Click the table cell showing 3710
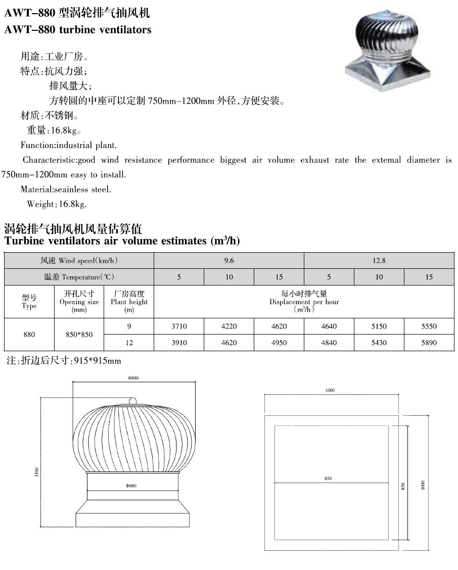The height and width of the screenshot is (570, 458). pos(179,326)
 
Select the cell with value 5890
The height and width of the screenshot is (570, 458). pos(429,343)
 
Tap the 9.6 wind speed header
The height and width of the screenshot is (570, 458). pos(229,261)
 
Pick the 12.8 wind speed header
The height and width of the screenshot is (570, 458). pos(379,261)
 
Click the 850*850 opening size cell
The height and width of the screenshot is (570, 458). pos(79,335)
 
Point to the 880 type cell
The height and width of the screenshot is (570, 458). pos(29,335)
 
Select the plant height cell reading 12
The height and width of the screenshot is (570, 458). pos(129,343)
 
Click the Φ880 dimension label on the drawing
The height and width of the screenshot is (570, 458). pos(133,378)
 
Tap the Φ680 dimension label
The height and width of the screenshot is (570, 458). pos(131,486)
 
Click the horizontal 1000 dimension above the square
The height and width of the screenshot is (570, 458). pos(331,390)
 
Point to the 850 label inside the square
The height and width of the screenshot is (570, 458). pos(329,479)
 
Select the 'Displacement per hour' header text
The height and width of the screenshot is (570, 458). pos(304,302)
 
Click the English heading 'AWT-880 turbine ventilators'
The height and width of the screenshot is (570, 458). pos(78,30)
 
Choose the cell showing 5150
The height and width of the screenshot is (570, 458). pos(379,326)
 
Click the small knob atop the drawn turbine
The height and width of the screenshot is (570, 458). pos(134,401)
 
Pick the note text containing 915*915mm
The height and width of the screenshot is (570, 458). pos(63,361)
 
